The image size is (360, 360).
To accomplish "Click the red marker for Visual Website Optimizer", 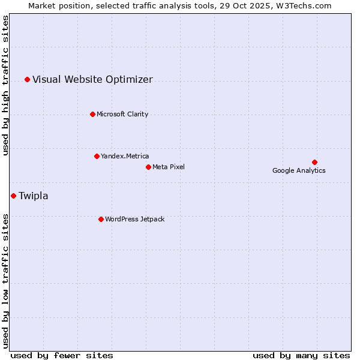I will click(x=27, y=79).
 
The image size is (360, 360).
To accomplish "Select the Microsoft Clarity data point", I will click(x=92, y=114).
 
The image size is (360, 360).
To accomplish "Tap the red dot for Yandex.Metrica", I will click(x=97, y=156).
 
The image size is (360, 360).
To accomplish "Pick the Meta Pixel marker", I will click(x=148, y=167).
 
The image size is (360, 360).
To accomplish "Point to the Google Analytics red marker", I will click(x=314, y=162).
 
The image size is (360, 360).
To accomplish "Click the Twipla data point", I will click(x=13, y=196).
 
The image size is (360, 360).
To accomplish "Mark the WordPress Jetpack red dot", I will click(x=101, y=219).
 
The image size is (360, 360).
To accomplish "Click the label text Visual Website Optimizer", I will click(x=92, y=79).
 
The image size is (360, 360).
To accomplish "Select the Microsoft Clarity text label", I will click(x=122, y=114).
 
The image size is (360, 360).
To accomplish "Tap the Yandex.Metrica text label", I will click(x=125, y=156).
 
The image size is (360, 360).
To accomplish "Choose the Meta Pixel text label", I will click(x=169, y=167).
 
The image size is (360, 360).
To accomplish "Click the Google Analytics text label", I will click(x=299, y=170).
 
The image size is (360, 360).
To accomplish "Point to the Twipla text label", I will click(x=34, y=196).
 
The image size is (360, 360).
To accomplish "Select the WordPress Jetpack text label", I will click(x=134, y=219).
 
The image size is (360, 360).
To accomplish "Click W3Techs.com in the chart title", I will click(x=304, y=5).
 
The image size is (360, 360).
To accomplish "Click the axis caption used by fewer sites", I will click(x=62, y=355).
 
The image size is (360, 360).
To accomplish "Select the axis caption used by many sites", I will click(x=301, y=355).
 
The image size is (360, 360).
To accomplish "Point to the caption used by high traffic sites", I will click(x=5, y=86).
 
